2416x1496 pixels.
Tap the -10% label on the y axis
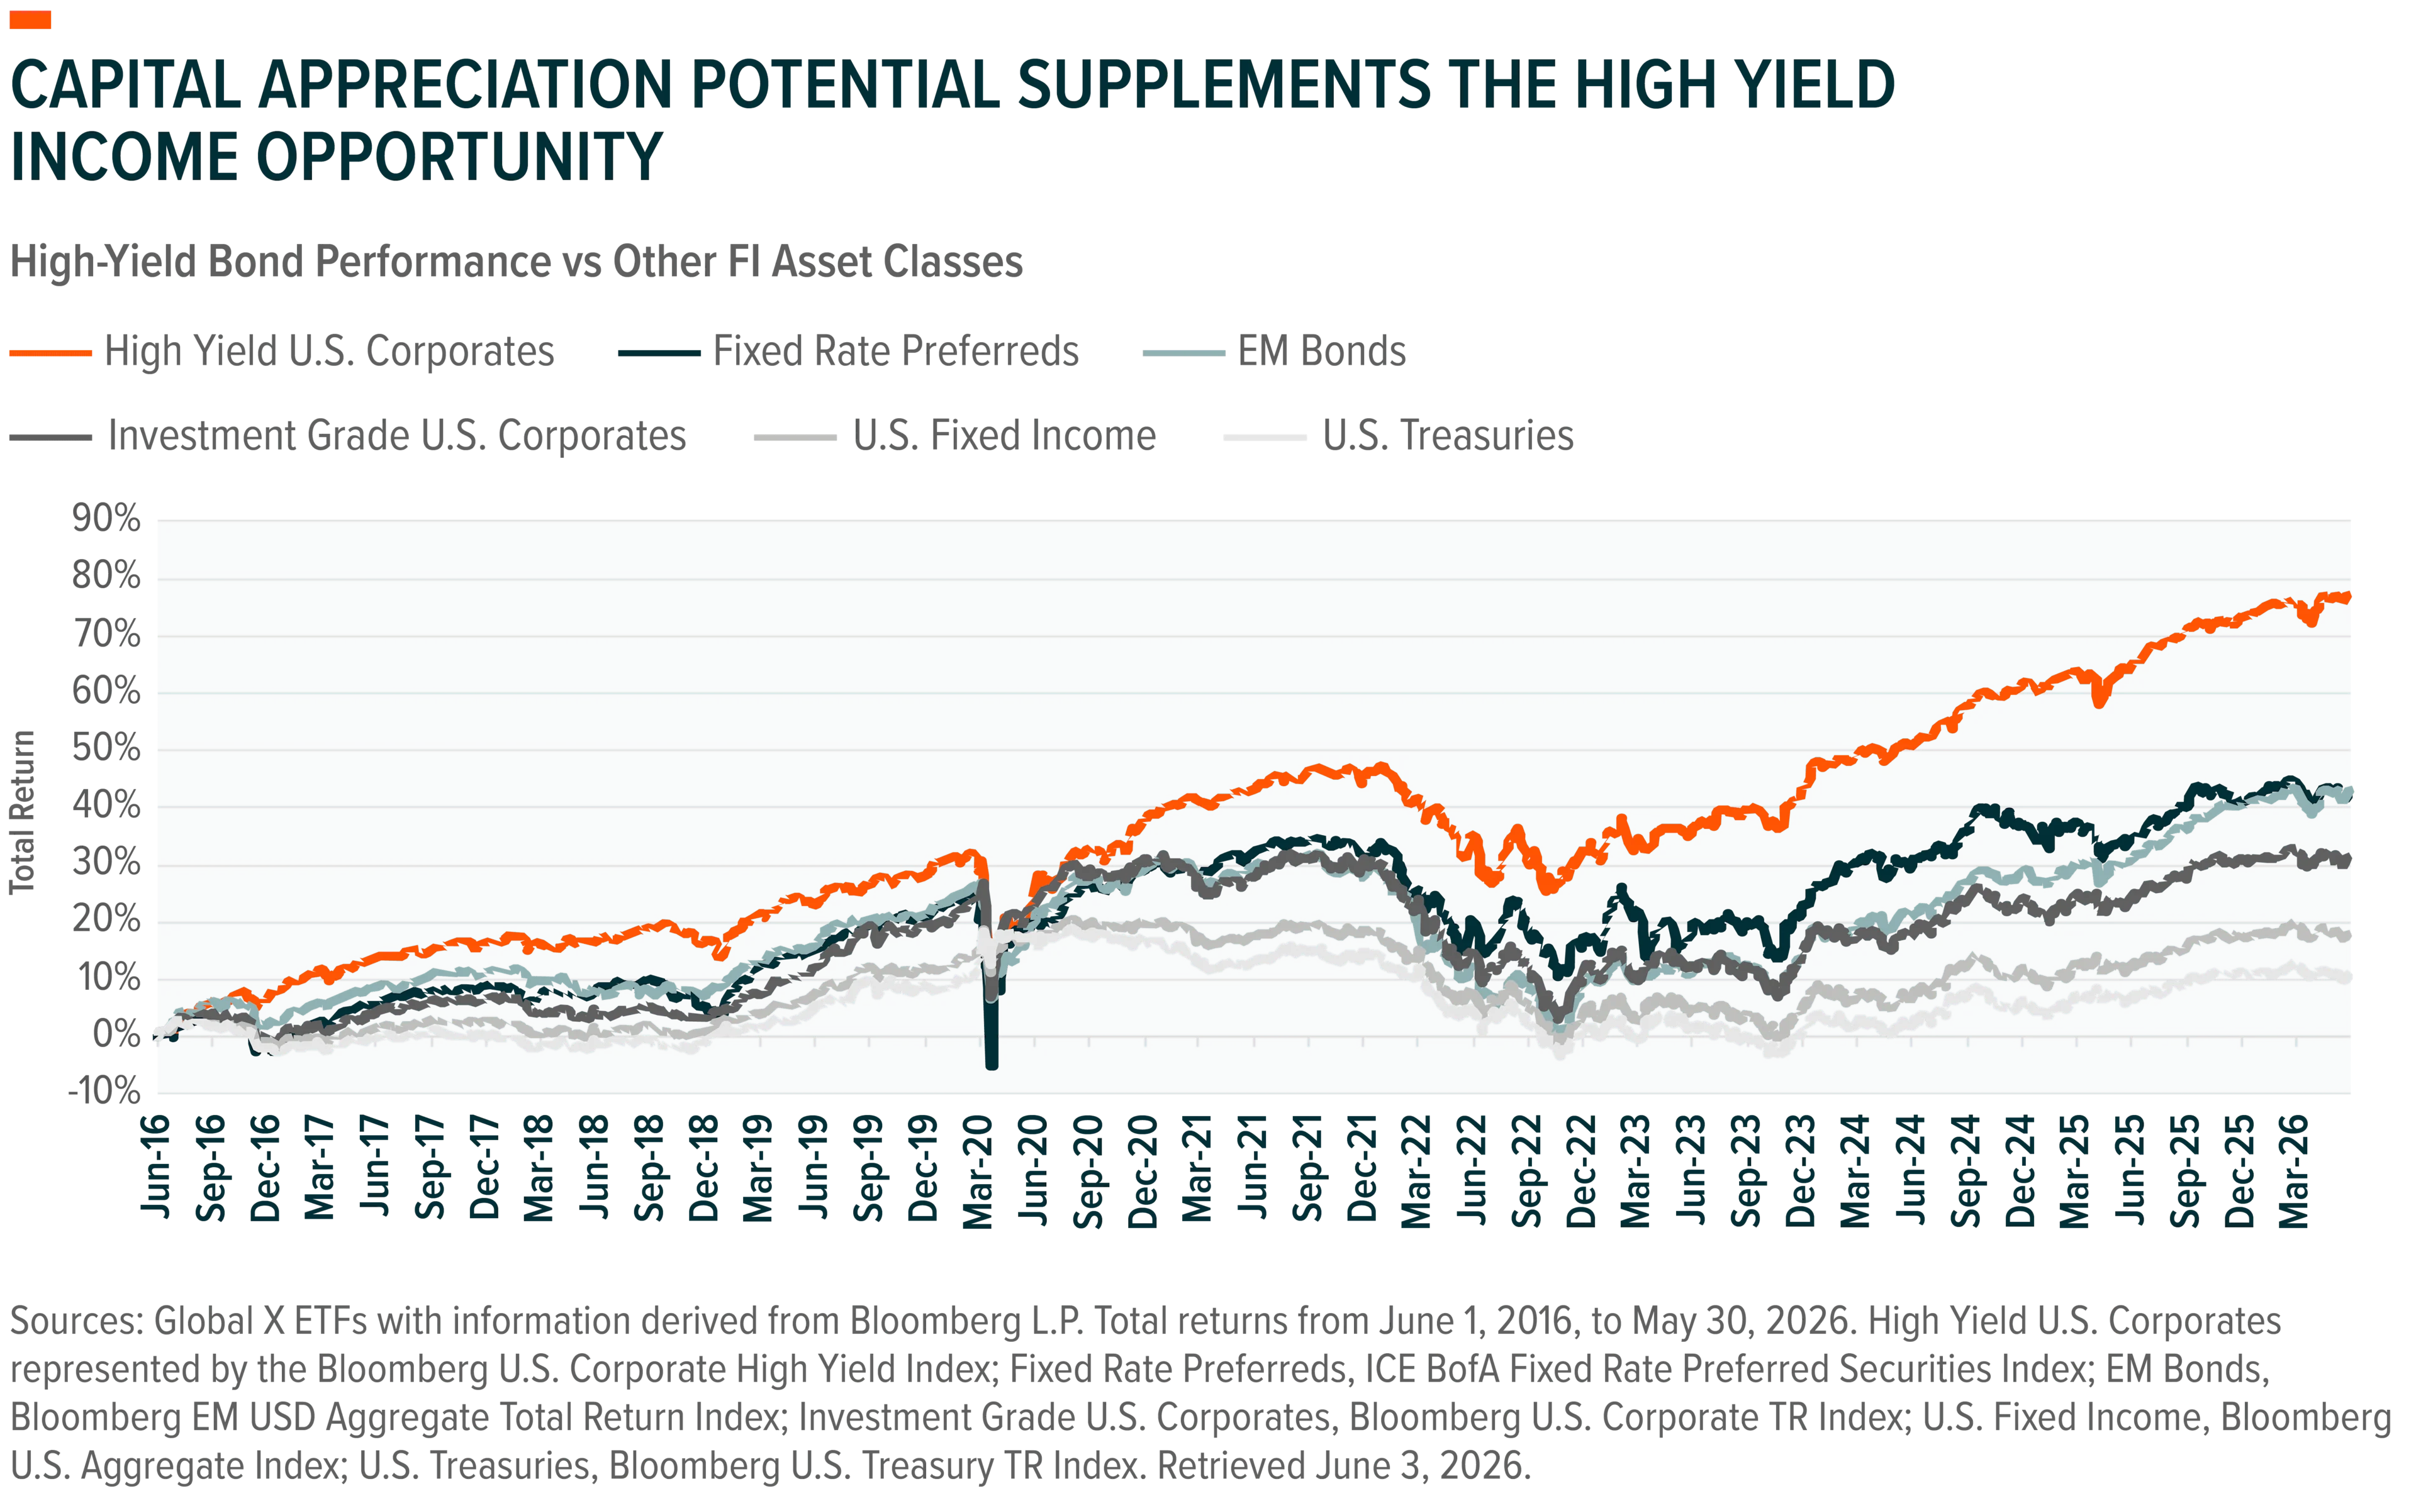coord(104,1091)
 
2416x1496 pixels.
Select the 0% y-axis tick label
coord(117,1035)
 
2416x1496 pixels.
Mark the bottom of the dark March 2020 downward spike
coord(992,1066)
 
